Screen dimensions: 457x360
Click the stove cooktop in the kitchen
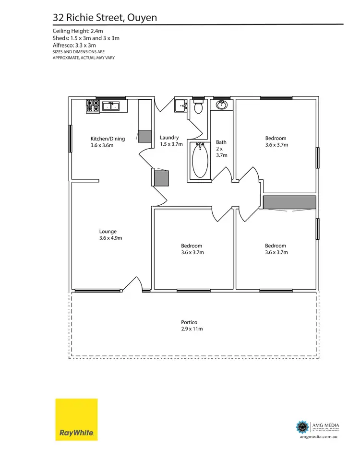93,106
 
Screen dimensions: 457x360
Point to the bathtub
199,161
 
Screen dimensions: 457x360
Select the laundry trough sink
180,105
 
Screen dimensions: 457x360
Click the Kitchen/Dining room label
108,139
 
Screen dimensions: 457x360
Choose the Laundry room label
169,138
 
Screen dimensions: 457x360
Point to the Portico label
189,322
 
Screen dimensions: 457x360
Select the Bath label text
221,142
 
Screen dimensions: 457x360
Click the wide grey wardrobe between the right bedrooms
289,202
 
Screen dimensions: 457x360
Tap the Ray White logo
76,419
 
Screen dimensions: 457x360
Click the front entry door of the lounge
132,286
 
